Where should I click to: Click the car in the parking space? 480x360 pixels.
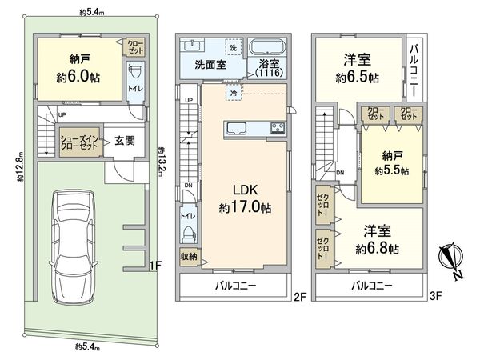click(x=73, y=246)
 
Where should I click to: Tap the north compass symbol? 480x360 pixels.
click(x=451, y=259)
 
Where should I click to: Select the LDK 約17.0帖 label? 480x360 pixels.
click(x=245, y=199)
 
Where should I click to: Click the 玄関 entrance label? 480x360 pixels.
click(x=125, y=141)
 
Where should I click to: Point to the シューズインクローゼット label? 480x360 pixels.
click(x=79, y=142)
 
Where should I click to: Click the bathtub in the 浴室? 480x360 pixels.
click(x=267, y=48)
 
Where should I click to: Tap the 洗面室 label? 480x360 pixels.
click(x=210, y=65)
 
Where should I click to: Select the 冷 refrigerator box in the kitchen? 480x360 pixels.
click(x=234, y=93)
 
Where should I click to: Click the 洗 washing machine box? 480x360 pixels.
click(x=234, y=47)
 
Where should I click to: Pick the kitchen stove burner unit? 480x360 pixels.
click(x=278, y=128)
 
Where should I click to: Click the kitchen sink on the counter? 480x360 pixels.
click(x=236, y=128)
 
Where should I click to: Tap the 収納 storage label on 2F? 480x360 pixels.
click(x=189, y=257)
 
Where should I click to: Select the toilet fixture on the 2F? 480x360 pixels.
click(x=189, y=234)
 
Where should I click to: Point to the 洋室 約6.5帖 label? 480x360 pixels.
click(x=358, y=68)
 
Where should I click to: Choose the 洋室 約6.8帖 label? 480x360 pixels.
click(x=377, y=240)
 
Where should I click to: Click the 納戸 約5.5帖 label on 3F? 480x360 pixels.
click(x=392, y=163)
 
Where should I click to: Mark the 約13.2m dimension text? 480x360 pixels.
click(x=162, y=162)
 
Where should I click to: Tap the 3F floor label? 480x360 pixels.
click(x=436, y=296)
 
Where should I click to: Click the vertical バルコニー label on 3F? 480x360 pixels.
click(x=414, y=70)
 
